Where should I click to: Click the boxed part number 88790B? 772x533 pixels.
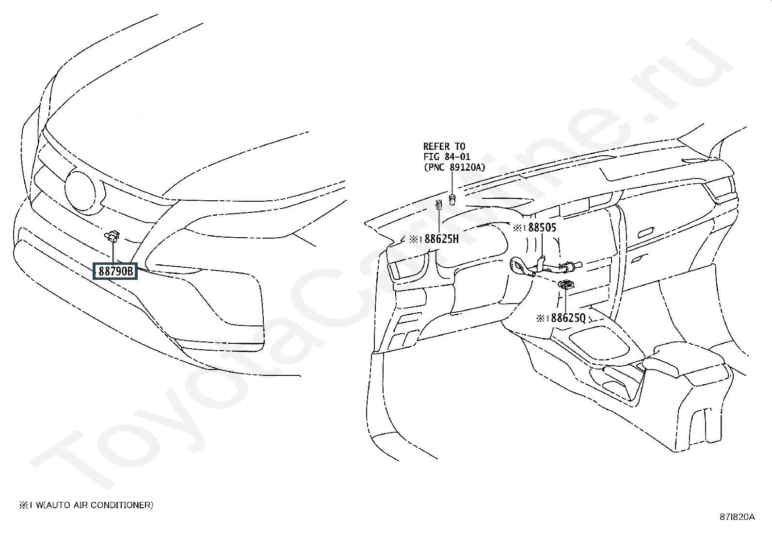click(116, 271)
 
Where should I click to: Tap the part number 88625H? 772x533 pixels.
click(441, 239)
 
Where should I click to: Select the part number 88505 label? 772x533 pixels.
click(542, 227)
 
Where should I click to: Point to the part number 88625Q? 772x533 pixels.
click(568, 318)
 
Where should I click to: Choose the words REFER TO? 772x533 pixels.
click(444, 146)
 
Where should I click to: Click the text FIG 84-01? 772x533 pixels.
click(447, 157)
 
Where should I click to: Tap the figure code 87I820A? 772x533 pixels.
click(737, 517)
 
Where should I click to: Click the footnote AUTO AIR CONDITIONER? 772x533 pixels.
click(99, 505)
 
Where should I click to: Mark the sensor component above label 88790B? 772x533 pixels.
click(113, 236)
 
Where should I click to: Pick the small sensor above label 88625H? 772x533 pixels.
click(439, 206)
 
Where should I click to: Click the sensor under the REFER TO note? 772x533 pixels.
click(452, 200)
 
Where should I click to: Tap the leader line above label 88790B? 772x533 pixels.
click(113, 253)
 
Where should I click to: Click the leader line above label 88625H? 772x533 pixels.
click(439, 223)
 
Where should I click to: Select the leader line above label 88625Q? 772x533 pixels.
click(566, 301)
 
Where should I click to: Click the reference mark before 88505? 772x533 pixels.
click(519, 228)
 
